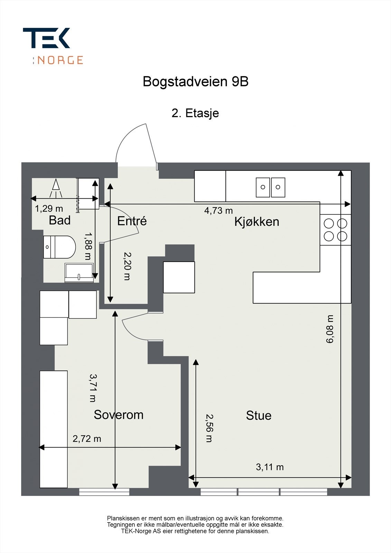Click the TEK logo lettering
click(x=46, y=38)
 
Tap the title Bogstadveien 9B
click(x=195, y=82)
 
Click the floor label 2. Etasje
click(x=195, y=113)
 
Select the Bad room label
click(x=59, y=220)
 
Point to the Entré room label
click(x=132, y=221)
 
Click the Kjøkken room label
click(x=257, y=222)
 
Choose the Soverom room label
click(x=119, y=414)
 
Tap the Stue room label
click(x=259, y=415)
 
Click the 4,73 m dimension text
click(x=218, y=210)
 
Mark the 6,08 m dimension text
click(x=330, y=329)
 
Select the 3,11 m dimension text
click(x=270, y=467)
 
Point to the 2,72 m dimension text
click(x=87, y=439)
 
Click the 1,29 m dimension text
click(x=49, y=209)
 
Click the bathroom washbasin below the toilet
click(x=79, y=272)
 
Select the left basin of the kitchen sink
click(x=263, y=187)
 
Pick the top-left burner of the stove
click(x=329, y=224)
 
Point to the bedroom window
click(x=104, y=491)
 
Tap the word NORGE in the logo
click(x=60, y=60)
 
